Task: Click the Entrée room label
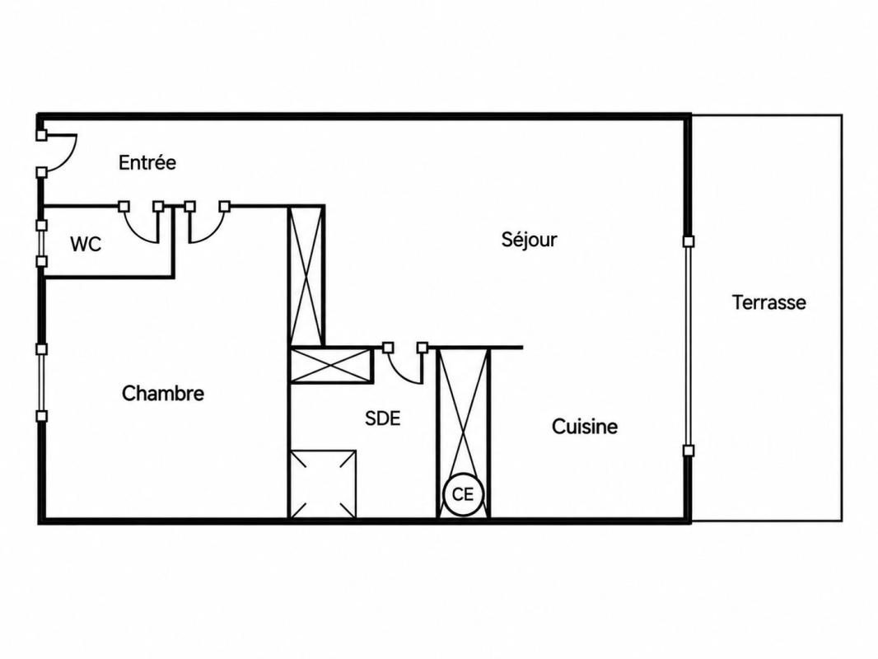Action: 147,162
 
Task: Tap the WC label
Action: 86,244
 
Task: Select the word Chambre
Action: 163,393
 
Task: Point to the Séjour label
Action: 529,240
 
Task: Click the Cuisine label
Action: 585,427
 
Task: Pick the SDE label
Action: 383,418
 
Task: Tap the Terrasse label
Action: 769,302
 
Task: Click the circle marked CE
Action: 463,494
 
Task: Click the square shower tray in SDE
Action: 323,484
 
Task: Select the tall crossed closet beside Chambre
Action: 306,276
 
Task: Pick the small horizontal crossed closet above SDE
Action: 331,366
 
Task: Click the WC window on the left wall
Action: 41,243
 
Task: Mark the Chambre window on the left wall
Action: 41,382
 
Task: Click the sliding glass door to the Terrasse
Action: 689,346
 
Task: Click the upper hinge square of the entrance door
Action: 41,135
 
